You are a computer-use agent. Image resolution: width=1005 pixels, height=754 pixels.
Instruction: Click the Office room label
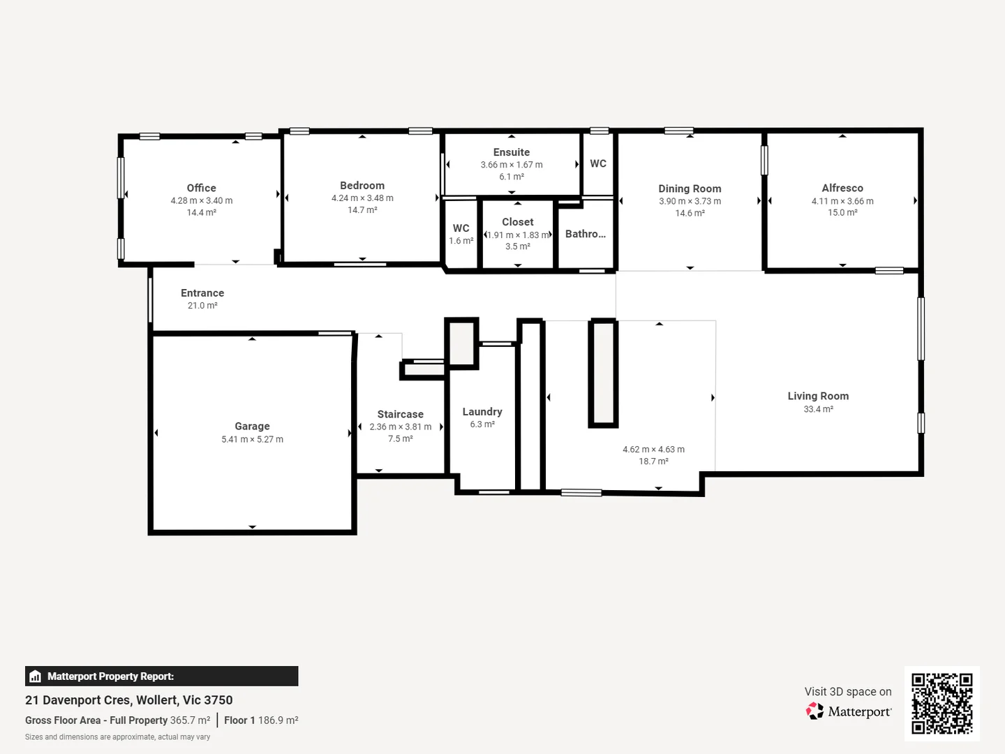pyautogui.click(x=201, y=188)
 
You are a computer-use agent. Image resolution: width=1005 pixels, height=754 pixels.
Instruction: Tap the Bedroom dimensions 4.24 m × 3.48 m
pyautogui.click(x=362, y=198)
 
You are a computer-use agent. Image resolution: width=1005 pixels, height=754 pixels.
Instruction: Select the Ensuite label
pyautogui.click(x=512, y=152)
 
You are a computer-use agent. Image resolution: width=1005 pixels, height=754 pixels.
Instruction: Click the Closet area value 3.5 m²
pyautogui.click(x=518, y=246)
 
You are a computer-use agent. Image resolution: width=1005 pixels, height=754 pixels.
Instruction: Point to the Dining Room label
pyautogui.click(x=690, y=188)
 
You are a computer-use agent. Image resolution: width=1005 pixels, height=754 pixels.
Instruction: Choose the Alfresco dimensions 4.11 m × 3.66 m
pyautogui.click(x=842, y=201)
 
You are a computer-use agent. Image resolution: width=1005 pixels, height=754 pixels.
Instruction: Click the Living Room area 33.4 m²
pyautogui.click(x=818, y=409)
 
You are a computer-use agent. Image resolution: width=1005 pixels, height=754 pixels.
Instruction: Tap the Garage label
pyautogui.click(x=252, y=426)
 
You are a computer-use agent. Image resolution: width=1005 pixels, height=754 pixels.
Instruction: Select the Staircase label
pyautogui.click(x=401, y=414)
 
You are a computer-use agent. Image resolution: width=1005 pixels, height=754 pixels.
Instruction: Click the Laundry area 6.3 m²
pyautogui.click(x=482, y=424)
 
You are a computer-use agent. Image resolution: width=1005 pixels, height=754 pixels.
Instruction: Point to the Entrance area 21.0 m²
pyautogui.click(x=202, y=306)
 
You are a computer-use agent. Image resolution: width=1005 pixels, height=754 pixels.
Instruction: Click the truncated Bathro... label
pyautogui.click(x=586, y=234)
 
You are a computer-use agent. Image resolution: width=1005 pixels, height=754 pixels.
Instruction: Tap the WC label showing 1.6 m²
pyautogui.click(x=461, y=228)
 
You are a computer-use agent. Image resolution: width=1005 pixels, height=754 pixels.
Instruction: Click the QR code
pyautogui.click(x=941, y=703)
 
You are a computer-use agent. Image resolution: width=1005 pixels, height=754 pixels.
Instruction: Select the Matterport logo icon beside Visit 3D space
pyautogui.click(x=814, y=711)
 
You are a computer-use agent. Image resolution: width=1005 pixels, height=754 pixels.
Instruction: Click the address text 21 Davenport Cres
pyautogui.click(x=77, y=700)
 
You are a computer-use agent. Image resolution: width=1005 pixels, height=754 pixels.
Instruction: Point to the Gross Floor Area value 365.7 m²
pyautogui.click(x=190, y=720)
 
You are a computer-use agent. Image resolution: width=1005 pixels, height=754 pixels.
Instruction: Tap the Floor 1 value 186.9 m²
pyautogui.click(x=278, y=720)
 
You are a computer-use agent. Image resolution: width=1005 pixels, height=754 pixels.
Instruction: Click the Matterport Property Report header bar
pyautogui.click(x=161, y=676)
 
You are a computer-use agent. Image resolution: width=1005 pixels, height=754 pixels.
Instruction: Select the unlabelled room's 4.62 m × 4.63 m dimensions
pyautogui.click(x=653, y=450)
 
